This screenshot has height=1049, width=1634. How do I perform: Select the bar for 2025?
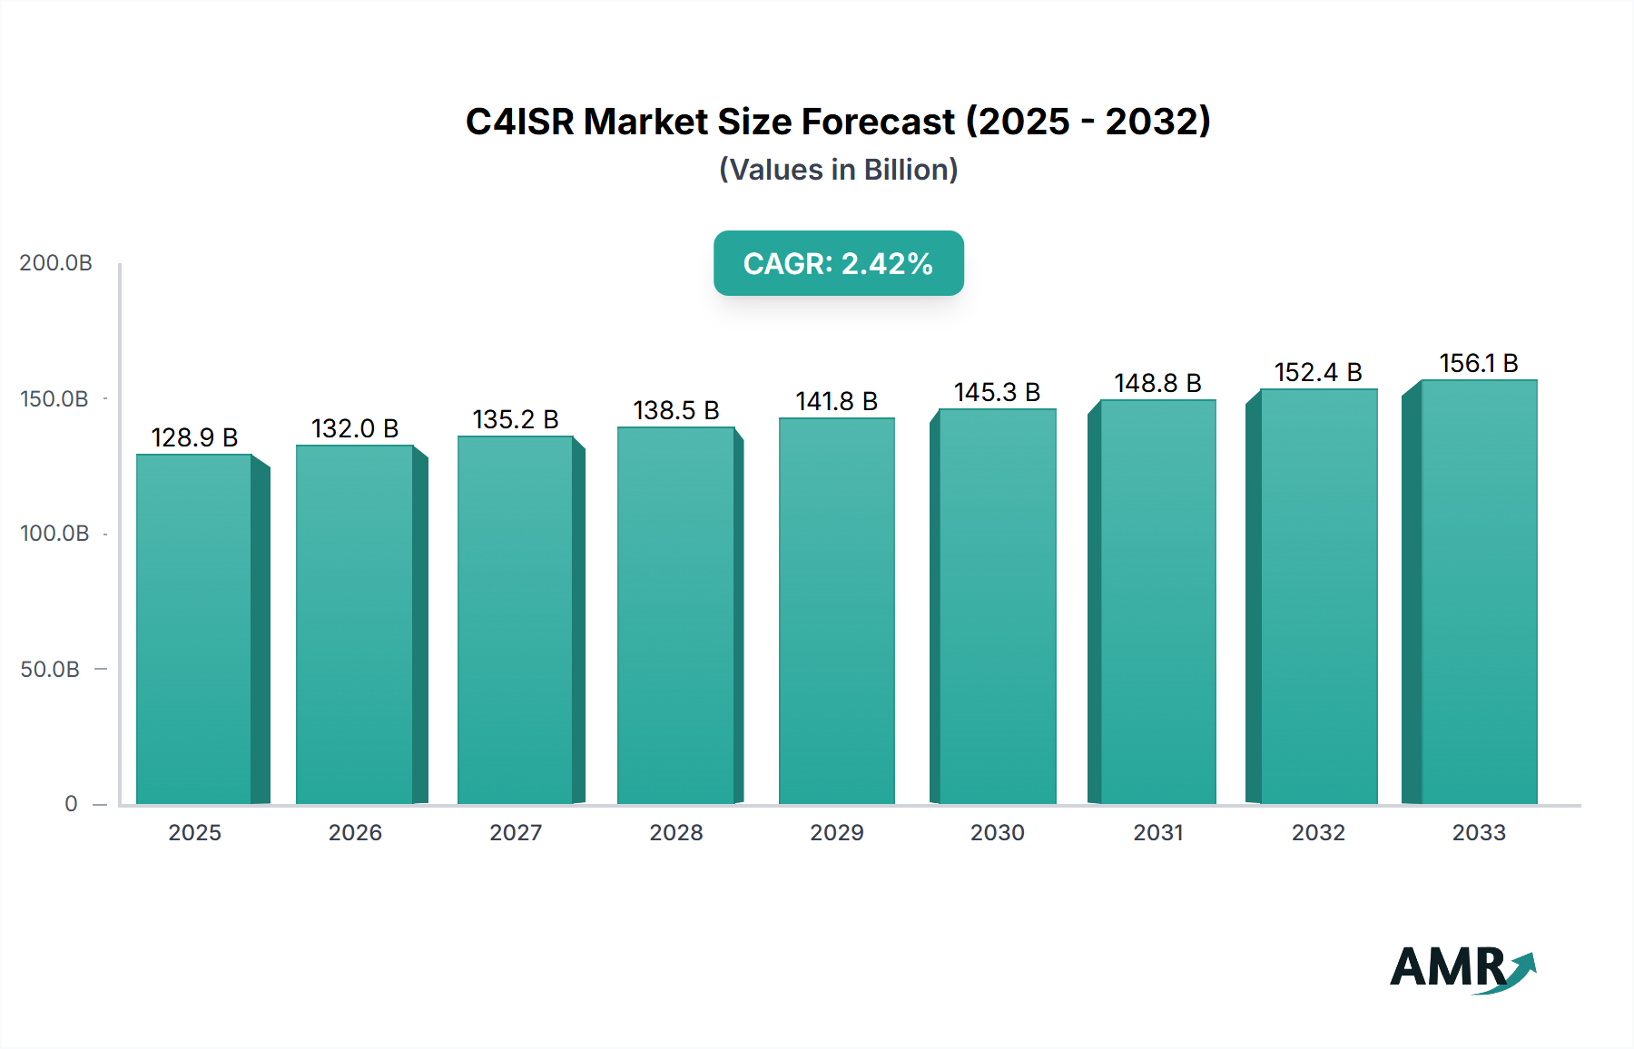click(x=194, y=629)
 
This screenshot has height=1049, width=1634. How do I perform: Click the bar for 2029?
click(x=836, y=611)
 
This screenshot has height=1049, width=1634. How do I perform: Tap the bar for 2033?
click(x=1479, y=592)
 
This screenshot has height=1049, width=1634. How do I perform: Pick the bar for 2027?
click(x=516, y=620)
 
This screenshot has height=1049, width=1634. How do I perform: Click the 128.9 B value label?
click(x=194, y=437)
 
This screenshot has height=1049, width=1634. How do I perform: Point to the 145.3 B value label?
click(x=997, y=392)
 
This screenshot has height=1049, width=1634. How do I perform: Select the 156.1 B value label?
click(x=1479, y=363)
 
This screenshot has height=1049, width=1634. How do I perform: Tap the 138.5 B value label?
click(x=676, y=410)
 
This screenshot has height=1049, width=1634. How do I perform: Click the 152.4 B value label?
click(x=1318, y=372)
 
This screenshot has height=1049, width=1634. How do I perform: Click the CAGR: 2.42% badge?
click(x=838, y=263)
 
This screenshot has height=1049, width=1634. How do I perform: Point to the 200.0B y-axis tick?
click(x=56, y=263)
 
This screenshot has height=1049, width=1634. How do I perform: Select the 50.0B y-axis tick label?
click(x=50, y=669)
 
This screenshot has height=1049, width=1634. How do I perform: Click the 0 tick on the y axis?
click(x=71, y=803)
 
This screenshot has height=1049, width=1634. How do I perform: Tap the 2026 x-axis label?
click(x=355, y=832)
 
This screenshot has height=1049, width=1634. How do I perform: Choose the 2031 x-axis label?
click(x=1158, y=832)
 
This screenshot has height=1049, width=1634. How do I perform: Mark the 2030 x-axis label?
click(x=997, y=832)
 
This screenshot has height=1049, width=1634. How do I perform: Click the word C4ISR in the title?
click(x=519, y=122)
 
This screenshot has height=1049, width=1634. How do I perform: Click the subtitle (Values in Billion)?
click(x=838, y=170)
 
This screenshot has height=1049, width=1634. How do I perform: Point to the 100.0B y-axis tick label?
click(x=54, y=534)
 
